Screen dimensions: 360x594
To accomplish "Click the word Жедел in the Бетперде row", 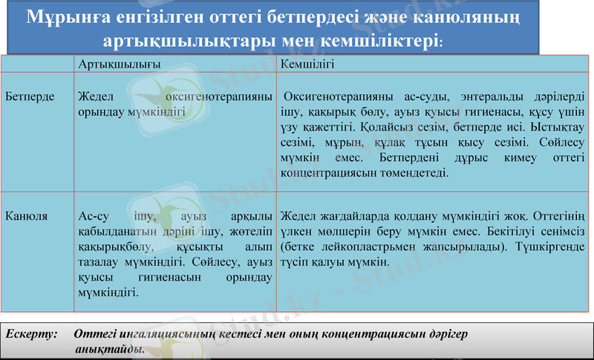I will point(94,97).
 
